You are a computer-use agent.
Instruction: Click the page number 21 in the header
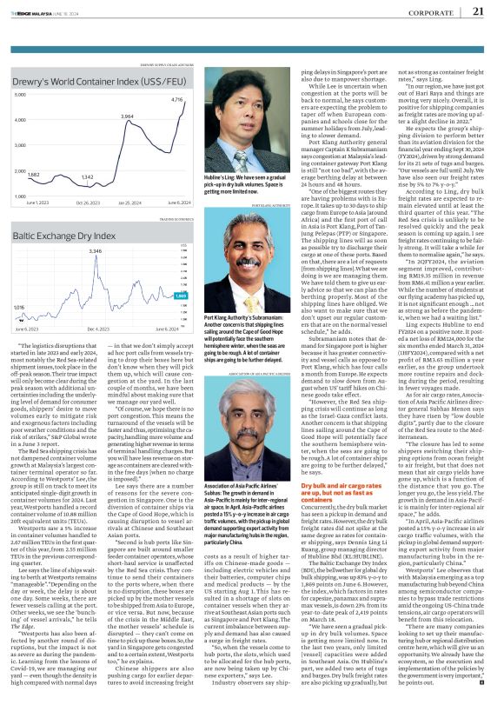coord(478,11)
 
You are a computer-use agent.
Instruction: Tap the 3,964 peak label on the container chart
coord(127,116)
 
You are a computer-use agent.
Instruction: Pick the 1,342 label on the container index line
coord(87,176)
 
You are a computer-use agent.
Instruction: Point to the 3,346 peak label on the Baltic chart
coord(96,250)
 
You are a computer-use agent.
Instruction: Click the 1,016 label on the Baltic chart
coord(19,307)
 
